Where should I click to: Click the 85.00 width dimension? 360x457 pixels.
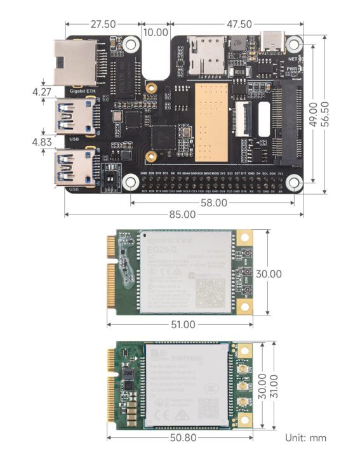point(182,215)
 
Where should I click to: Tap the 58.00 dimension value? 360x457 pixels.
point(214,203)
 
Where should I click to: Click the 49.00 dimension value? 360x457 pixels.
point(313,114)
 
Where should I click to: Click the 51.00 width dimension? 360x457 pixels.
point(182,325)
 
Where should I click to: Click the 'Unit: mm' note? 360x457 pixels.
point(306,438)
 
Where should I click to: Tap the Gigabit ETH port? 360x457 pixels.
point(75,63)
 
